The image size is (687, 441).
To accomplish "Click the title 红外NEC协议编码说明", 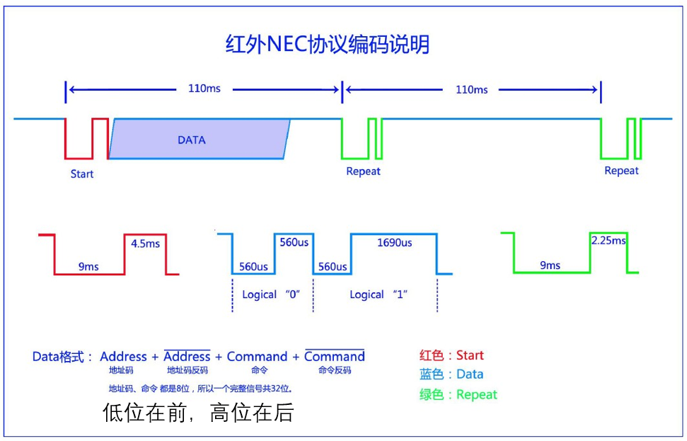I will pos(327,45).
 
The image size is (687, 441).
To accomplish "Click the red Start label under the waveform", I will pos(82,173).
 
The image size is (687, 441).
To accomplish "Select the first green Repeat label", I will pos(363,171).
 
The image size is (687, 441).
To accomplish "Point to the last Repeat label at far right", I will pos(621,171).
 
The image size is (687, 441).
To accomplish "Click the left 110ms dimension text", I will pos(204,88).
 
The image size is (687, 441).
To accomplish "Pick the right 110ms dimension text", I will pos(471,90).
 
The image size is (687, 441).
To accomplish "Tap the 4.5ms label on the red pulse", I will pos(145,244).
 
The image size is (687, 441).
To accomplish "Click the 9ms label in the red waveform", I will pos(88,266).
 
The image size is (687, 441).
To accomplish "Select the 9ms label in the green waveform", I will pos(550,265).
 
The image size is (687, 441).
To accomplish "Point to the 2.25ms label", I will pos(608,241).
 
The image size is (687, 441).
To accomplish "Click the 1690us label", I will pos(394,243).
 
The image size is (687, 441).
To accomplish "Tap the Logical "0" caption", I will pos(272,294).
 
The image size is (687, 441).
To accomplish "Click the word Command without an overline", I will pos(257,357).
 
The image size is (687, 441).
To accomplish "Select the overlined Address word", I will pos(187,357).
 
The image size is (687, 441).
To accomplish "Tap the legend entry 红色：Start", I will pos(451,355).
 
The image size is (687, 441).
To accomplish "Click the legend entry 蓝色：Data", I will pos(451,374).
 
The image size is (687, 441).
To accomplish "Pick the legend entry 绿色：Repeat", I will pos(458,395).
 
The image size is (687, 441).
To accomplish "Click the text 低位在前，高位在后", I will pos(197,413).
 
